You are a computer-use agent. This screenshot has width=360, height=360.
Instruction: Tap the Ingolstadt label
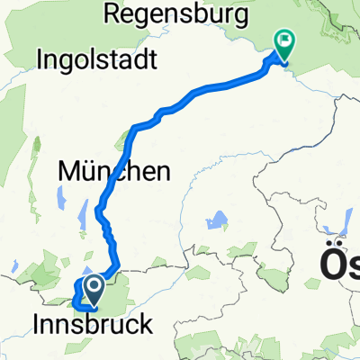tap(98, 61)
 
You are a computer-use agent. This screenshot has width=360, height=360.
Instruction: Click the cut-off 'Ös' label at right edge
tap(342, 265)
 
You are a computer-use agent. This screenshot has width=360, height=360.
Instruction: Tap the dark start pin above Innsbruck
tap(94, 288)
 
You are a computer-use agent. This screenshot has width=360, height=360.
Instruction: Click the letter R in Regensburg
tap(112, 13)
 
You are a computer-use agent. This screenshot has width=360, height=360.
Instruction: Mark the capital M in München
tap(67, 169)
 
